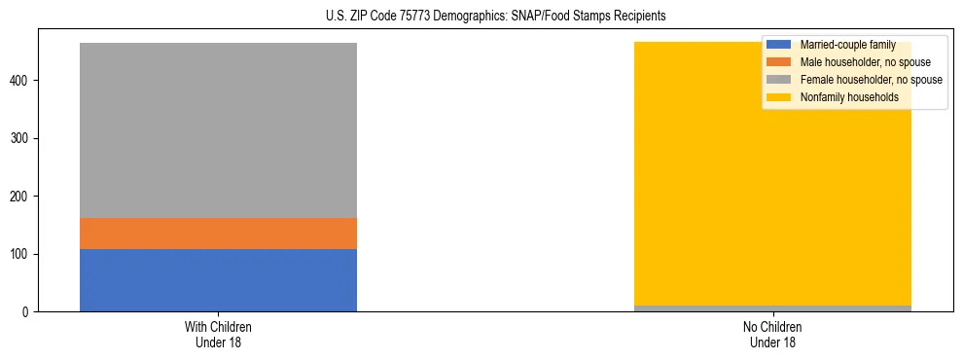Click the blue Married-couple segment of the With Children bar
[x=218, y=280]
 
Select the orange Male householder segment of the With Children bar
[x=218, y=234]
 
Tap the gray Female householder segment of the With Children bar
[x=218, y=130]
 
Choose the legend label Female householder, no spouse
[x=871, y=80]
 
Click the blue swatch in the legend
[x=779, y=45]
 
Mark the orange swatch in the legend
[x=779, y=62]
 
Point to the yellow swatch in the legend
[x=779, y=97]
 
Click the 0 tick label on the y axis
[x=26, y=312]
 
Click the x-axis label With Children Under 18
[x=218, y=334]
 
